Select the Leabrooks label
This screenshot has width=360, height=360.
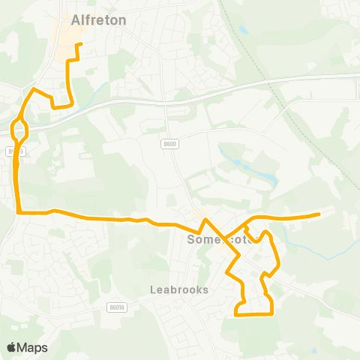(178, 288)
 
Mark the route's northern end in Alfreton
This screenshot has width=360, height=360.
(79, 44)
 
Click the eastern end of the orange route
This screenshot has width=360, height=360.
(319, 214)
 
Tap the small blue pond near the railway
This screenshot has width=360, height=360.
(243, 31)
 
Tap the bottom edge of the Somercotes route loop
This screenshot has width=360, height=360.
(253, 314)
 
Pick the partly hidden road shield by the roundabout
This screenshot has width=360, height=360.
(14, 151)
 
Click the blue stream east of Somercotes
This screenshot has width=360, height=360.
(315, 248)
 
